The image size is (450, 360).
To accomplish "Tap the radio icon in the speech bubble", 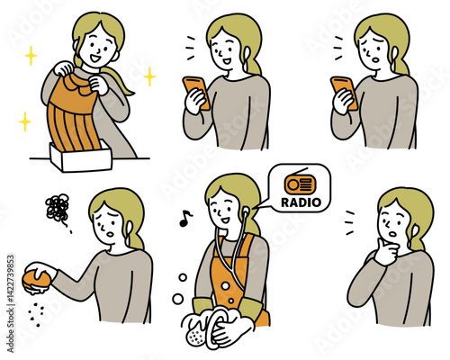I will tap(298, 183).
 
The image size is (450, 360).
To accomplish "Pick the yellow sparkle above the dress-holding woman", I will tap(31, 56).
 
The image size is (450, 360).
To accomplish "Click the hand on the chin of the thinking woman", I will tap(388, 254).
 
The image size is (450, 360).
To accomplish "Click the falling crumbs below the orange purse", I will tap(37, 311).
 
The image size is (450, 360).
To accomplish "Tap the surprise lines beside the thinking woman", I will tap(348, 218).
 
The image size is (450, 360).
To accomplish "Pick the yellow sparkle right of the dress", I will tap(148, 77).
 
